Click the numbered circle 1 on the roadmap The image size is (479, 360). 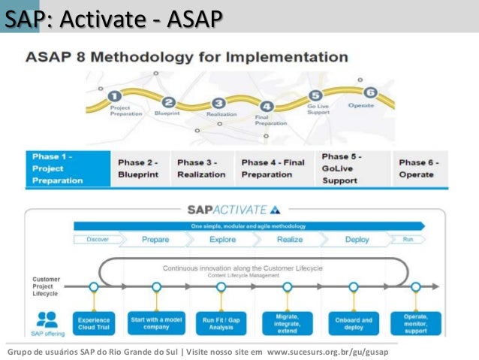tap(114, 96)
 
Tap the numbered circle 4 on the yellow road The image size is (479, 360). tap(267, 107)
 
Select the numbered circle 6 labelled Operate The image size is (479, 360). tap(369, 92)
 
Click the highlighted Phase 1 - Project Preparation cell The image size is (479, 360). tap(66, 168)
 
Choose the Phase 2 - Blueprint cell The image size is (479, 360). tap(140, 168)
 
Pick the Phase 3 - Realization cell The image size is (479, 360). tap(201, 168)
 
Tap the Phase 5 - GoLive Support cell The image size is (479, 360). tap(351, 168)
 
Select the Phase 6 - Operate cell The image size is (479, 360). tap(419, 168)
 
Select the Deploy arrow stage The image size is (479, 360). tap(357, 239)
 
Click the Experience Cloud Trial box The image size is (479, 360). tap(94, 322)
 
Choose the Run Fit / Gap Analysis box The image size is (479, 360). tap(221, 322)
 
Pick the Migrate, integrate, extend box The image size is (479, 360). tap(287, 322)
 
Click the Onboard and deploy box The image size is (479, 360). tap(354, 322)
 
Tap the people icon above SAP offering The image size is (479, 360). tap(47, 318)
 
